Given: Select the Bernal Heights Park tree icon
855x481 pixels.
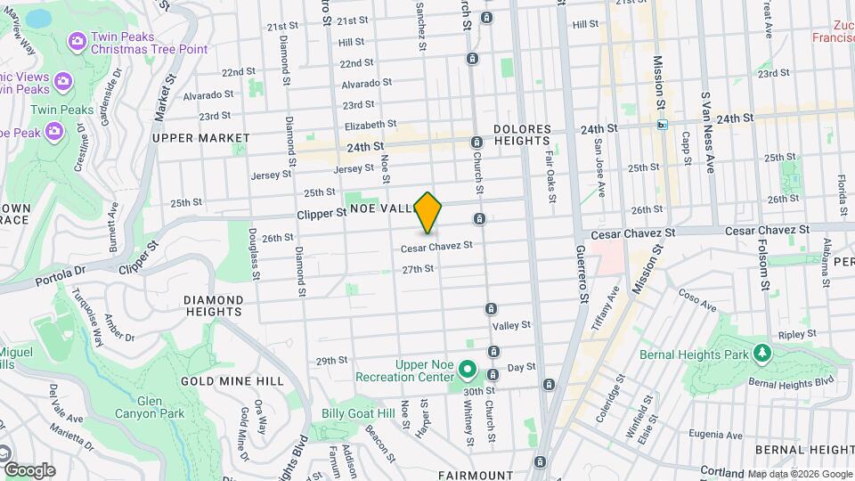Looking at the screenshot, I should (x=761, y=354).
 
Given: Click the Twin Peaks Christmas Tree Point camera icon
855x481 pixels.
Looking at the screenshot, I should (x=77, y=41).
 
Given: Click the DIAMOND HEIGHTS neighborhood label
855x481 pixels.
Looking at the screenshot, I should (x=214, y=306).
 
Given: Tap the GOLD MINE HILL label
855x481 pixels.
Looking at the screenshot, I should (x=232, y=381).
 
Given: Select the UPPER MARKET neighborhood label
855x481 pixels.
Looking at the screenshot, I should (x=200, y=138).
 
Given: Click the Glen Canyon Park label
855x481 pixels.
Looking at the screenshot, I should (x=150, y=407).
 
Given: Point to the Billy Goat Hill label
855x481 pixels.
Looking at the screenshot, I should (x=358, y=413).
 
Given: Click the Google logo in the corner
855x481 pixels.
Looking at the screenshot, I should (x=28, y=469).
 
